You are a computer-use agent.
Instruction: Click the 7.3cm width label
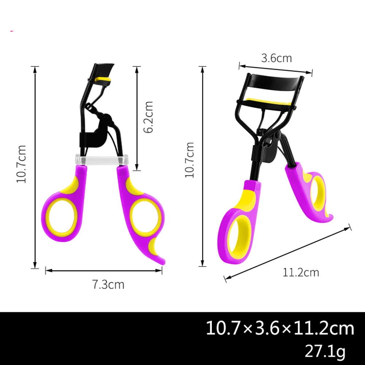(x=108, y=284)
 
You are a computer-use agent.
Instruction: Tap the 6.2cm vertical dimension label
(x=148, y=117)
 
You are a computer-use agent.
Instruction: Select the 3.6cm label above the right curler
(x=276, y=58)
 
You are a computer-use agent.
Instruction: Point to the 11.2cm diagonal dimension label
(x=301, y=272)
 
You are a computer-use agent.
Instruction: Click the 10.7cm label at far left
(x=21, y=164)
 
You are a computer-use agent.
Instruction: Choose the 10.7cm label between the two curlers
(x=189, y=160)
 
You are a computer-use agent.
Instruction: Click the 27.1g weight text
(x=325, y=351)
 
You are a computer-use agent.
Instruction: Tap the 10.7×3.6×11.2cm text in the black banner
(x=280, y=328)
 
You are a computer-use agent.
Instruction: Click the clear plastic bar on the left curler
(x=102, y=160)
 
